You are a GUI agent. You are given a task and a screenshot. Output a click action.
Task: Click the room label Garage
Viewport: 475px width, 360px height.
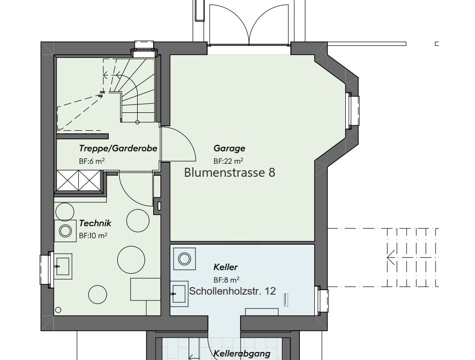pos(229,148)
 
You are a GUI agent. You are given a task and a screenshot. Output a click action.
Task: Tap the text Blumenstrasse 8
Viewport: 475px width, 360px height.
pos(230,173)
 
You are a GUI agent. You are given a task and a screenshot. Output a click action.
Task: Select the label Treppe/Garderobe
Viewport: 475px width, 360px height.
pos(118,148)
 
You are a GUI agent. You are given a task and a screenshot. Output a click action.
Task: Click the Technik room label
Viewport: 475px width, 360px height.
pos(95,223)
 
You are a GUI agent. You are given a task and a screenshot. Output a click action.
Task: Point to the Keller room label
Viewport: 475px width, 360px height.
pos(226,267)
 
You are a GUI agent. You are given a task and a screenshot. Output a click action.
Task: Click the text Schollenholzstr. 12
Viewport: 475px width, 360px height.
pos(232,291)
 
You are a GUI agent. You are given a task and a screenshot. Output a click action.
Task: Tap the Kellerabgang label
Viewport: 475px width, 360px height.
pos(241,354)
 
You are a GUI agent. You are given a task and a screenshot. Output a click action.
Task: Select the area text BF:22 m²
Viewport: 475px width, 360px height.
pos(228,161)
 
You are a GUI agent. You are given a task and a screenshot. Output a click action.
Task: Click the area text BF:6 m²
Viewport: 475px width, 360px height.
pos(91,161)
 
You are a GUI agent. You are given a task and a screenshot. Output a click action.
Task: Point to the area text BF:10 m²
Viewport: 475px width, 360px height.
pos(93,236)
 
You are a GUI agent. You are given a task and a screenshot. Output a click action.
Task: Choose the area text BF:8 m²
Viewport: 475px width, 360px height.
pos(226,280)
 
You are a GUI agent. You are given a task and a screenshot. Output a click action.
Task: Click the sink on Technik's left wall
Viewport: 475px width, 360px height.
pos(62,265)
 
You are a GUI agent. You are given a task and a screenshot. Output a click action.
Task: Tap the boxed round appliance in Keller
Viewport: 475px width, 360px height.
pos(185,259)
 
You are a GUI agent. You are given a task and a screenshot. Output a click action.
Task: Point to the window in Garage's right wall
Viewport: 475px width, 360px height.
pos(353,110)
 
